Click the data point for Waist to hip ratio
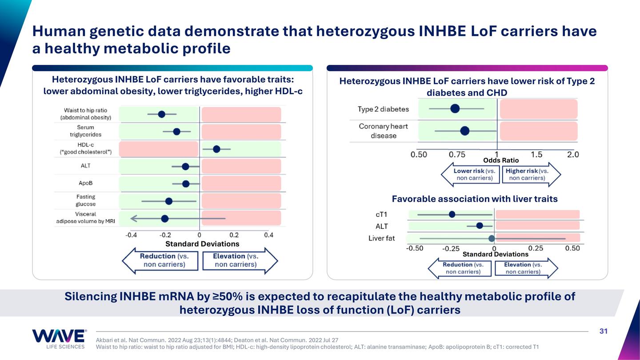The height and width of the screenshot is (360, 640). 161,114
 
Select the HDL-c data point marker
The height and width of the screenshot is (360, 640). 216,149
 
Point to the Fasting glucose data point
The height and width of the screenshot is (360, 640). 169,201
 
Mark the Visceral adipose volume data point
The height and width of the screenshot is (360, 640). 165,218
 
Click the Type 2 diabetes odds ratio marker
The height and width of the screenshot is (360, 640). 455,108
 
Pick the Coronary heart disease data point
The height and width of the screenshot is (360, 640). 465,131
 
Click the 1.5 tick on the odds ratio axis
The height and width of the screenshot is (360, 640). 536,155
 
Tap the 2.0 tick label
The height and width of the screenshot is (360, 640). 573,155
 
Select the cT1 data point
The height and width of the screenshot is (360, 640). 452,214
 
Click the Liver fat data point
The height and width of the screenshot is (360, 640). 492,238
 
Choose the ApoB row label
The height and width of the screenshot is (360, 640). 85,183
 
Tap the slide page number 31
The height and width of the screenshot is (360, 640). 603,331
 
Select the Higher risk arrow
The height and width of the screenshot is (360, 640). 531,174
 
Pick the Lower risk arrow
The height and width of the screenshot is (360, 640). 471,174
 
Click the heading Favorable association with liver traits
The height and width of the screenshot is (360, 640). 475,199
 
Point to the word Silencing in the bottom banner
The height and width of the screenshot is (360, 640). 90,296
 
